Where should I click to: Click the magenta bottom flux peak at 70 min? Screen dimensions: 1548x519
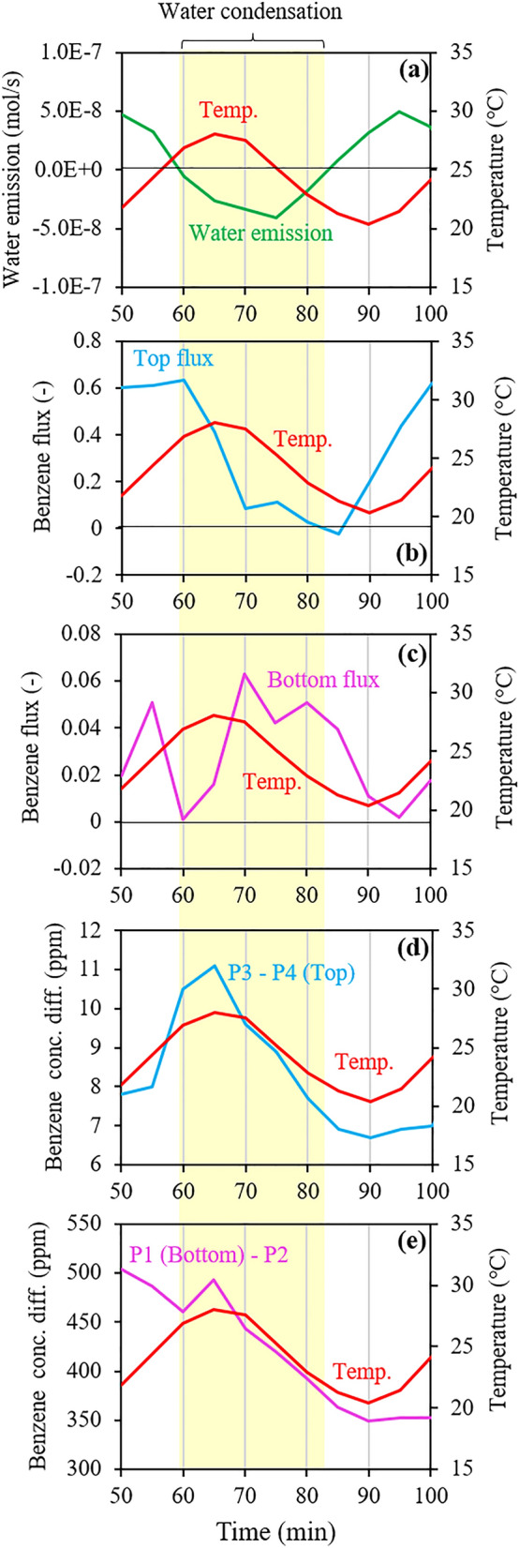245,673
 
